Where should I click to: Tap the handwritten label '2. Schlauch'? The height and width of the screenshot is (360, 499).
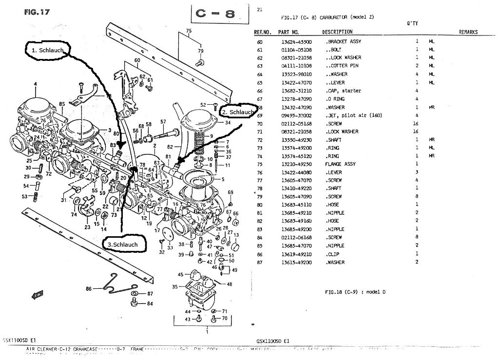coord(237,112)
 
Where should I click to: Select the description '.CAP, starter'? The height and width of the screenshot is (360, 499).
coord(343,91)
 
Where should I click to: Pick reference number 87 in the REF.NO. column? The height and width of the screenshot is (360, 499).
coord(259,262)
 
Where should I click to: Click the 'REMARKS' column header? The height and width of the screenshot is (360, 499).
coord(467,32)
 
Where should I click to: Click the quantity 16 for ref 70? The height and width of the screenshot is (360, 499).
coord(416,123)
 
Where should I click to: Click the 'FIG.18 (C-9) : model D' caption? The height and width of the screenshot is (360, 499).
coord(354,292)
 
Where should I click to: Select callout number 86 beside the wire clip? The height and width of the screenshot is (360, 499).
coord(89,289)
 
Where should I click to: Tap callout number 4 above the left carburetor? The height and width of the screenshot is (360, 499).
coord(35,84)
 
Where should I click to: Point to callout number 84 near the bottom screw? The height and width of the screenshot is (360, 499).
coord(150,303)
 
